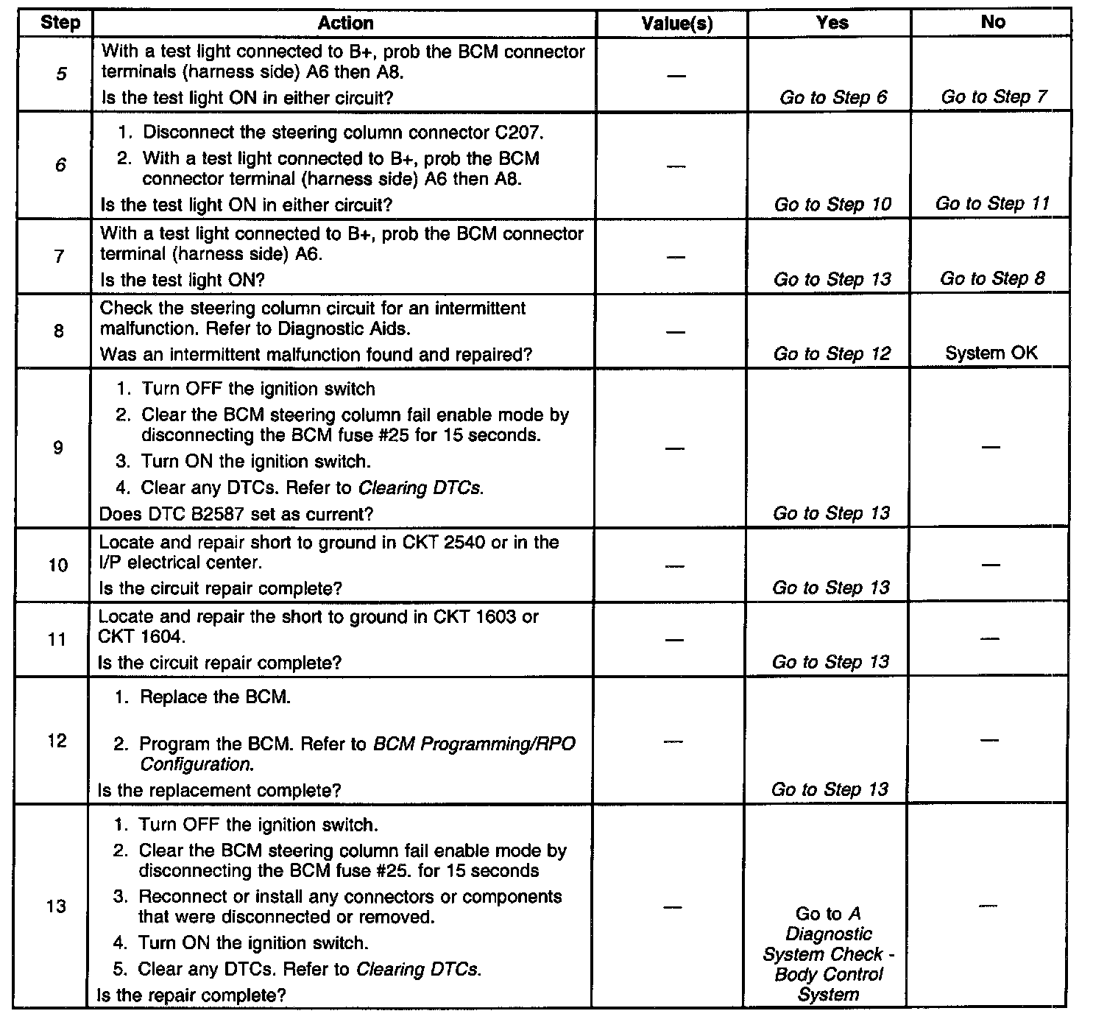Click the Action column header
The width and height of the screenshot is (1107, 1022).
[x=345, y=24]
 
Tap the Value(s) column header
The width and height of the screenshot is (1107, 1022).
[x=676, y=24]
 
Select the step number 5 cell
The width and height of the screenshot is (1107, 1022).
[x=60, y=74]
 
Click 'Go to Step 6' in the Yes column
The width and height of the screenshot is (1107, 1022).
[x=833, y=97]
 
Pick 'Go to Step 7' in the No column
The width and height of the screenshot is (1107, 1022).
[x=994, y=96]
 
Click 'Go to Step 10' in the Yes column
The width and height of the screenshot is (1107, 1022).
[x=832, y=204]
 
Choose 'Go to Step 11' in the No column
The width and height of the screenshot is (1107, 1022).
[x=992, y=203]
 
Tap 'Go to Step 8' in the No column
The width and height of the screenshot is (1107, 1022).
[x=992, y=278]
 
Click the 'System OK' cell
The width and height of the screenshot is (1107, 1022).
[x=991, y=353]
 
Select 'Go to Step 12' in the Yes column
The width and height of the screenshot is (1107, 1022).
[x=832, y=353]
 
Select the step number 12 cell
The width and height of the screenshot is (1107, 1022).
[x=57, y=741]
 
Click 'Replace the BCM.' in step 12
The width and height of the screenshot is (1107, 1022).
[x=215, y=697]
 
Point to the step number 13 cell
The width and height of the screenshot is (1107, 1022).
[x=56, y=906]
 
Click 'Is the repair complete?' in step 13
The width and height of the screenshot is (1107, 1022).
[x=191, y=995]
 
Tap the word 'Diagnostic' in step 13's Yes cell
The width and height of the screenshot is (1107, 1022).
[x=829, y=934]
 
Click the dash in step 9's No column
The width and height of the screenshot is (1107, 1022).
[x=991, y=447]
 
